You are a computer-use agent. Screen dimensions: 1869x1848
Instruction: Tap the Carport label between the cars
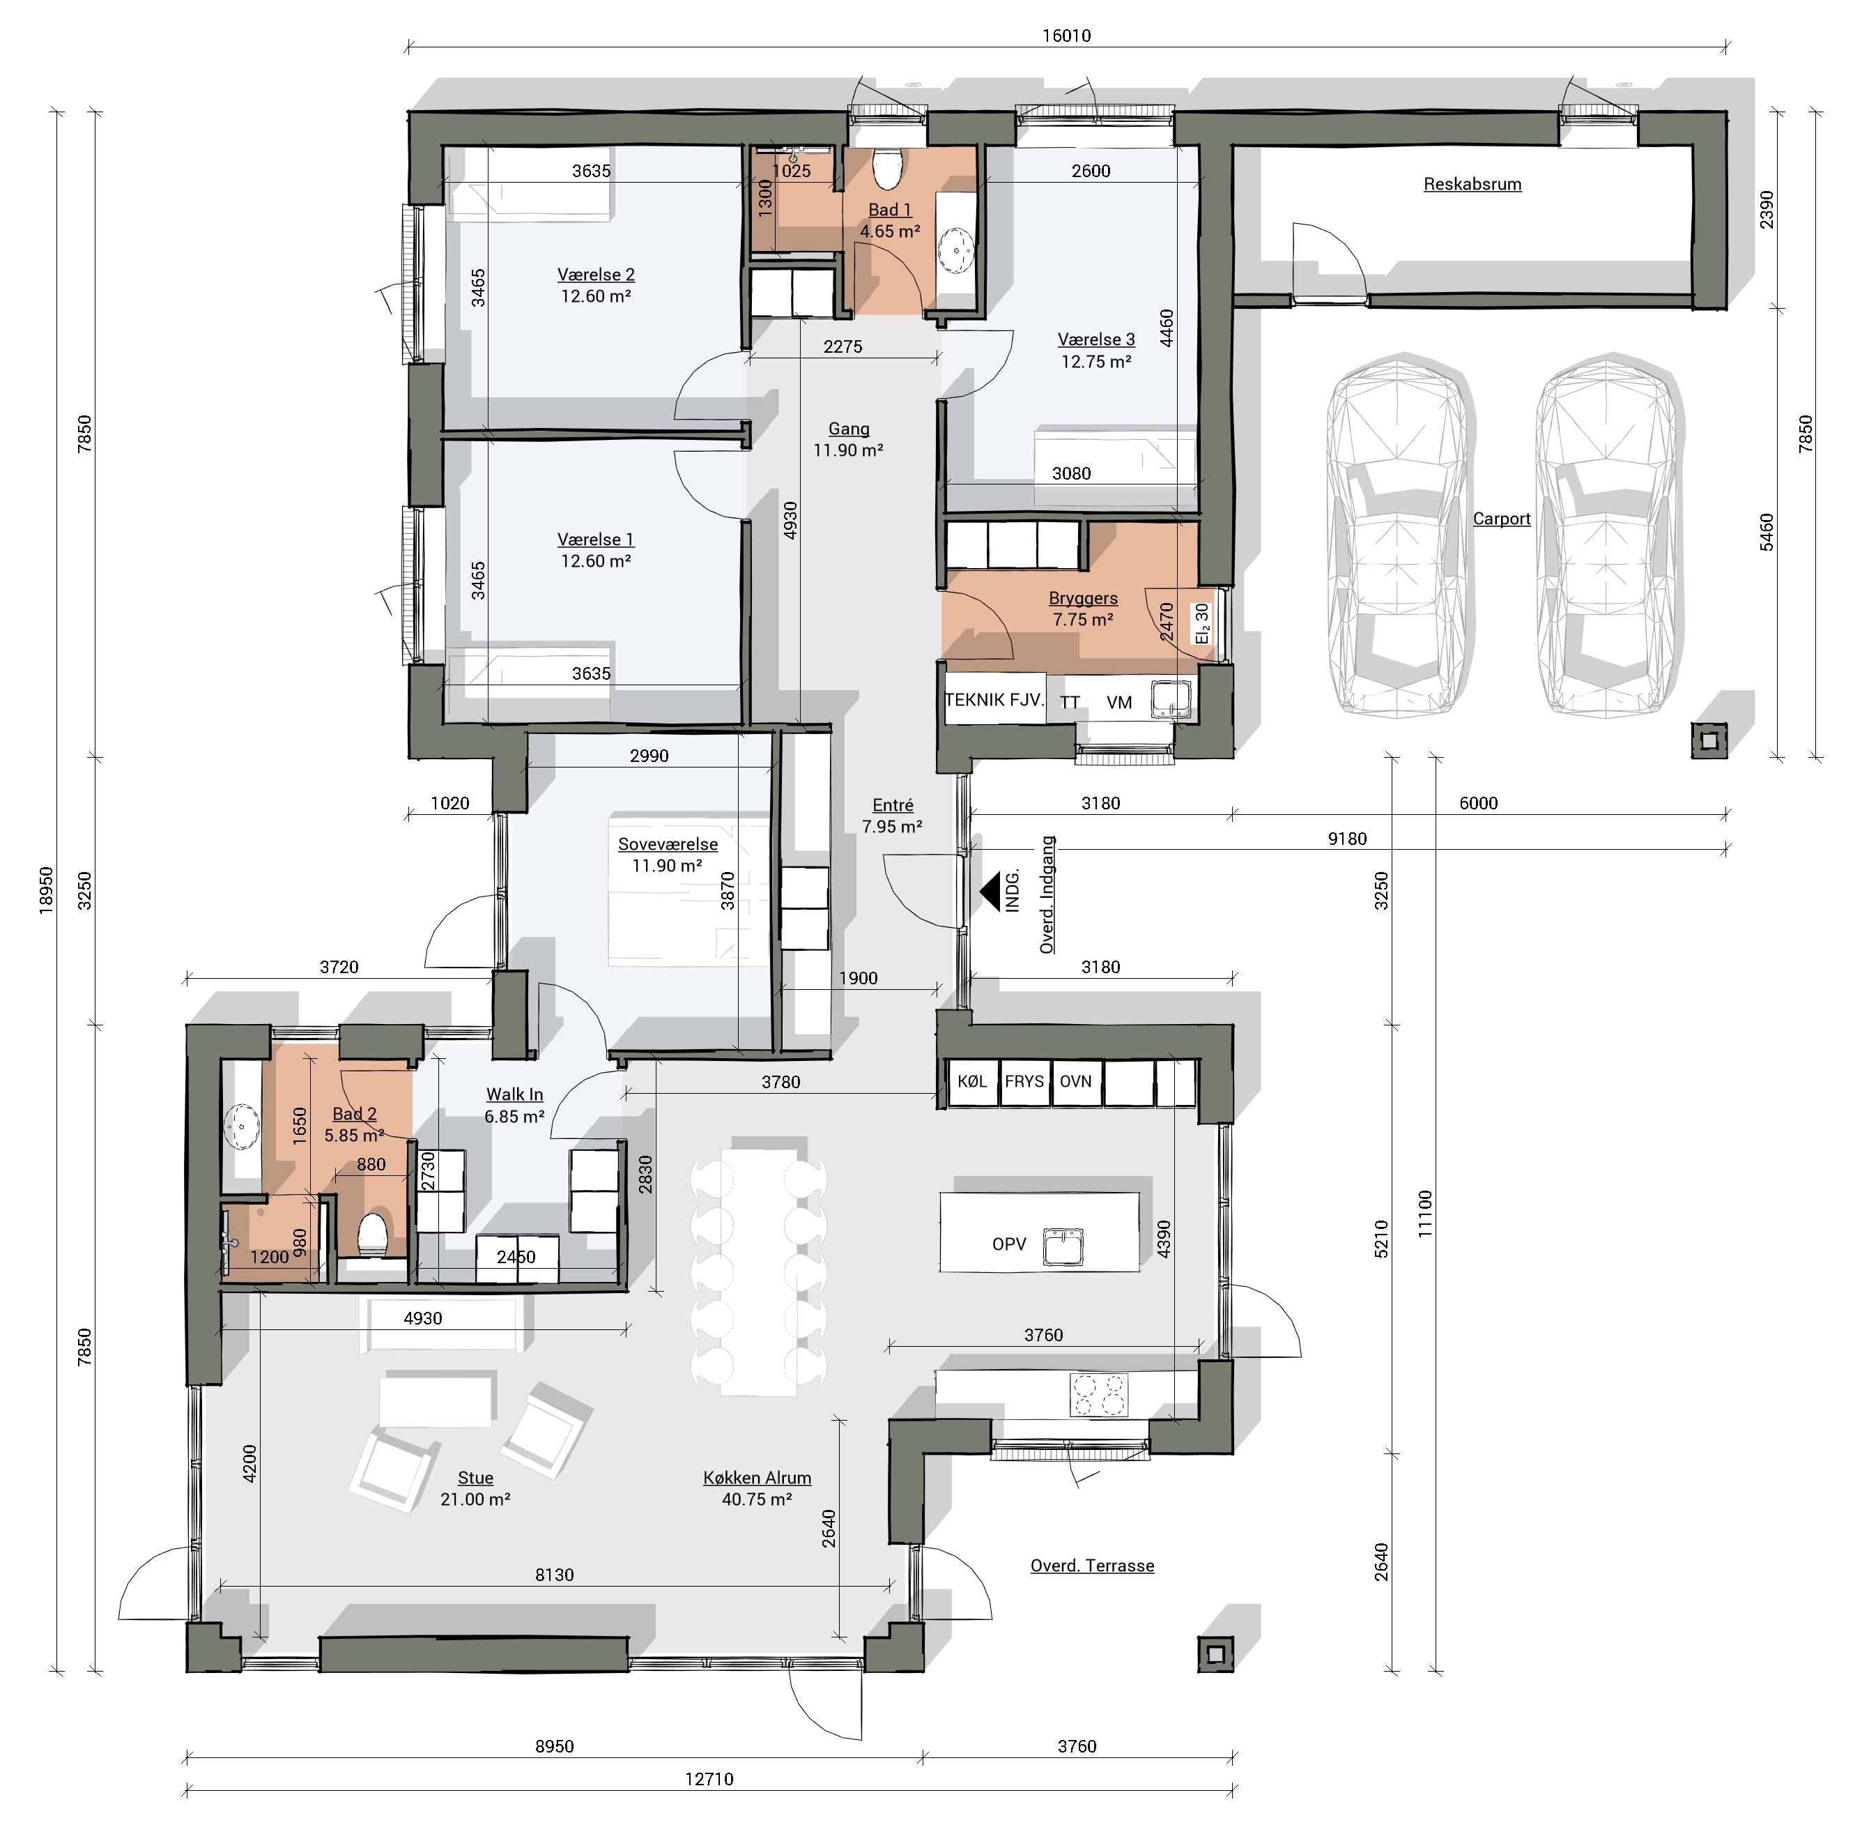1501,519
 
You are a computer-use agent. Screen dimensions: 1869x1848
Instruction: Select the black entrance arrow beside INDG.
990,890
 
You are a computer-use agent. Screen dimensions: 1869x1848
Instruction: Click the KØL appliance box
971,1082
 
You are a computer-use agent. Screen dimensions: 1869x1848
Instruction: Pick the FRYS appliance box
1024,1082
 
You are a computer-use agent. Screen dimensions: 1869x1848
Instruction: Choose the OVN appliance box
1076,1082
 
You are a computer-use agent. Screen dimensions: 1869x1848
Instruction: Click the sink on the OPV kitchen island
1062,1246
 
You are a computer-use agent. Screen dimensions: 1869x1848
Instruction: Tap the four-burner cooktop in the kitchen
1099,1395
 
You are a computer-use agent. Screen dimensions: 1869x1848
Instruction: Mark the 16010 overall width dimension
1066,36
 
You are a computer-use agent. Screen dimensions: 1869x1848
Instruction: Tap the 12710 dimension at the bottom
709,1778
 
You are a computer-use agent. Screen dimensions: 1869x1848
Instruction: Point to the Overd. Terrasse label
1092,1566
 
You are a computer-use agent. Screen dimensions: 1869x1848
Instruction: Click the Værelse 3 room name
1096,339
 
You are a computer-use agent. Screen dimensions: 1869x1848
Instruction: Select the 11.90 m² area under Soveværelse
666,865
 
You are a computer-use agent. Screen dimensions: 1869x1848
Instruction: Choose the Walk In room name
515,1094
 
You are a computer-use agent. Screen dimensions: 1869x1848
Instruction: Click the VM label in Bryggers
1119,703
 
